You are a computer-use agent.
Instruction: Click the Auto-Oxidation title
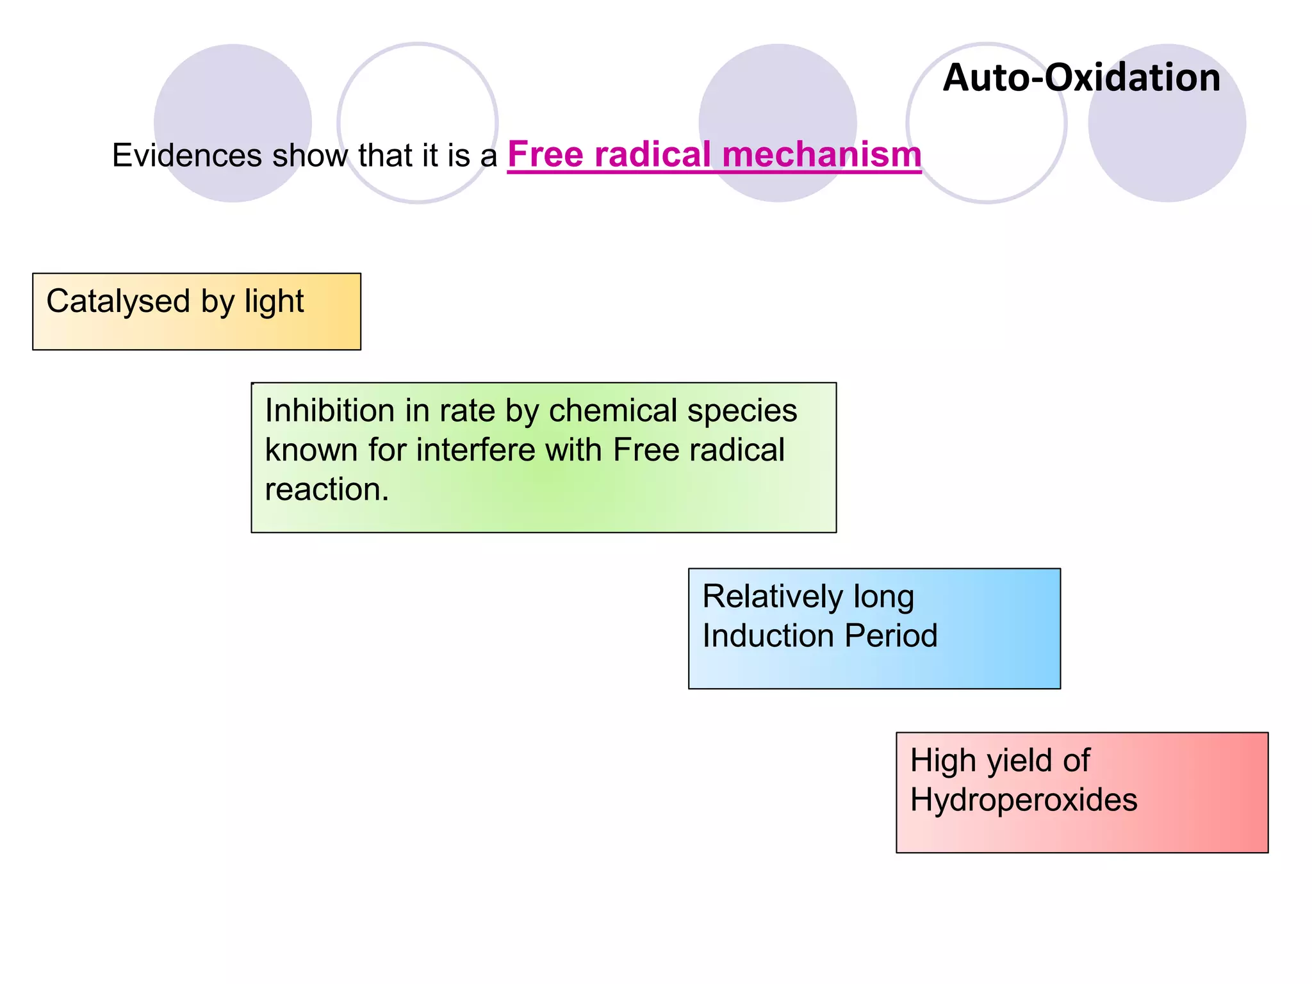click(1081, 78)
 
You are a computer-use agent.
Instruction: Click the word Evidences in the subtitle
click(186, 156)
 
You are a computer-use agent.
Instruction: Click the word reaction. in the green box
click(327, 490)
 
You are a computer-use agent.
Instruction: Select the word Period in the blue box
click(891, 636)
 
